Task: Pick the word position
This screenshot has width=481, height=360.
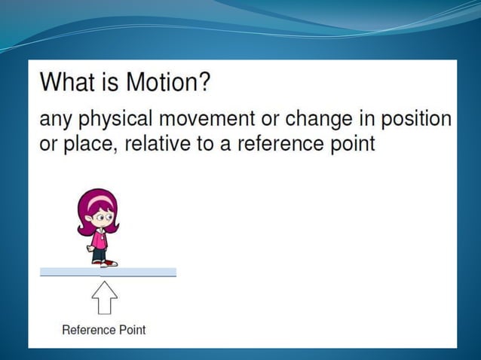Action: point(416,121)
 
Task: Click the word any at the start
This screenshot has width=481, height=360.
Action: point(57,121)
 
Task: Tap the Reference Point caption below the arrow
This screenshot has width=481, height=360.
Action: point(103,330)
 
